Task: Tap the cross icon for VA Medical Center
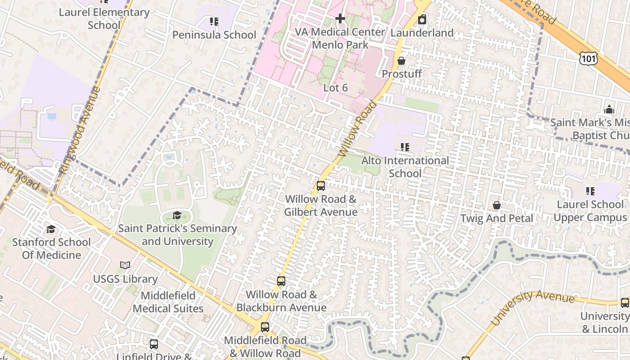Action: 340,18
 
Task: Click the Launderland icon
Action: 422,20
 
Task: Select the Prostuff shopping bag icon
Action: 401,61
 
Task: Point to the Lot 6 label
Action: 336,88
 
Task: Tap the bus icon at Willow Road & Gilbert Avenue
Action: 321,186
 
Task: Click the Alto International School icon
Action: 405,147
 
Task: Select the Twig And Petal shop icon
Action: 497,205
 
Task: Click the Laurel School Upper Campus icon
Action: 590,191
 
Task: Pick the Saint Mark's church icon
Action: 609,109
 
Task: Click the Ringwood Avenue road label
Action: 80,130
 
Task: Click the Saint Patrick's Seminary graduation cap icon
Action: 177,215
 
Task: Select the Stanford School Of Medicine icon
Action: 51,229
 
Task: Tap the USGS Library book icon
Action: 125,265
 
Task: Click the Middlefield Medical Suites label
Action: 168,302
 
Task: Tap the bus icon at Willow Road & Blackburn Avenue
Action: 281,281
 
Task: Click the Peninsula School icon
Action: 214,22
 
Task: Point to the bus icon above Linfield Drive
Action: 154,344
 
